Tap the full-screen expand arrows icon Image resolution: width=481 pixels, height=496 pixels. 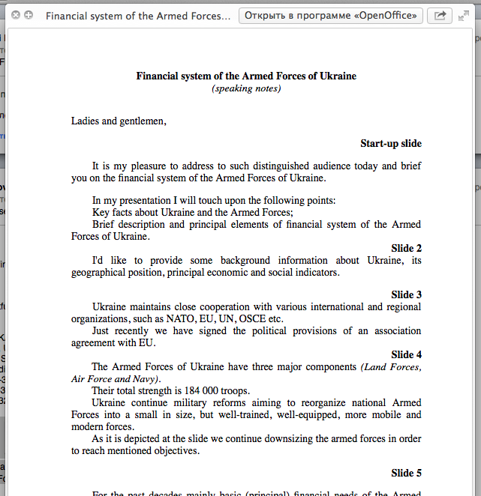[x=463, y=16]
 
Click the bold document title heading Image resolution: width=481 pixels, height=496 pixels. [x=246, y=76]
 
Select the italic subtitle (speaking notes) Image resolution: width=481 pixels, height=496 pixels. [x=246, y=88]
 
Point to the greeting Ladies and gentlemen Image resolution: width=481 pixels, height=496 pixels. [x=119, y=121]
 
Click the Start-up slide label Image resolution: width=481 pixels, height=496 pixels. [x=390, y=143]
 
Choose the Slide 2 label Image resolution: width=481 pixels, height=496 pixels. [x=406, y=248]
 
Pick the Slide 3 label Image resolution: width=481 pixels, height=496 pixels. [x=406, y=294]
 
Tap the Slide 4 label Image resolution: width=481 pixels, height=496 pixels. [x=406, y=354]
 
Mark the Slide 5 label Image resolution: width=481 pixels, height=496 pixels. [x=406, y=473]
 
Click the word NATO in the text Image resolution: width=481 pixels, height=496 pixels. [x=180, y=318]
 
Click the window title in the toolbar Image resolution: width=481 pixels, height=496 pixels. [x=138, y=16]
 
